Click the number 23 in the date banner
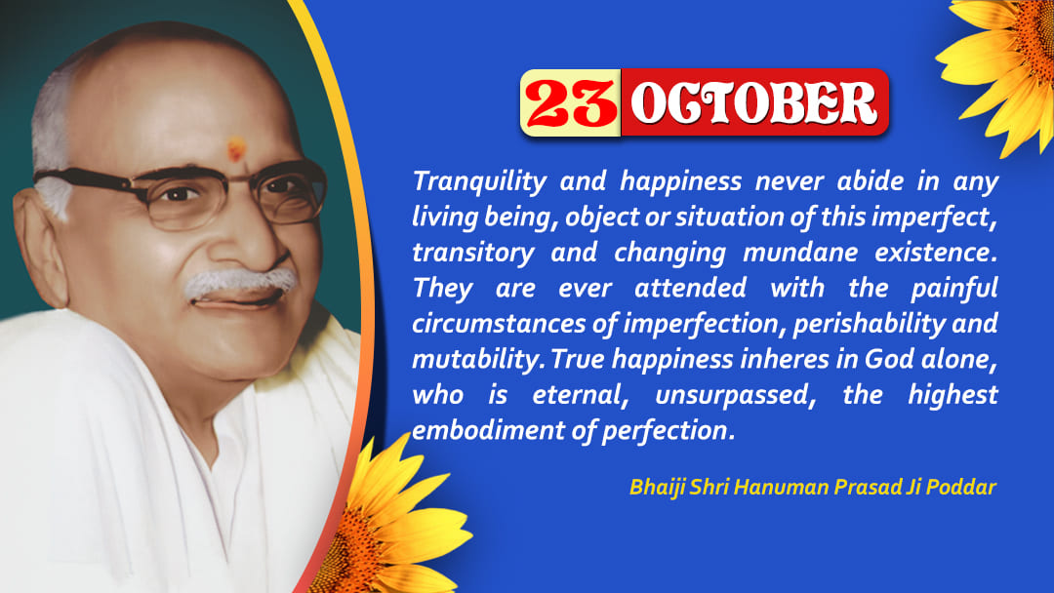[x=571, y=103]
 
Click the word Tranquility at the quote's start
[x=480, y=181]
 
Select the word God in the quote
[x=889, y=359]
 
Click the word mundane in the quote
[x=800, y=253]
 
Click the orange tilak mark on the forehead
[x=236, y=149]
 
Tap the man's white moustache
[x=240, y=282]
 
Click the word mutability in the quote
[x=477, y=359]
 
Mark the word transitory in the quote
[x=473, y=254]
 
